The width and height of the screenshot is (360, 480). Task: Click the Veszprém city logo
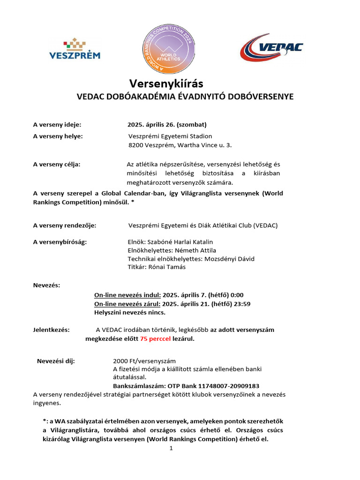75,49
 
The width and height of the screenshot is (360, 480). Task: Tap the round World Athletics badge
167,48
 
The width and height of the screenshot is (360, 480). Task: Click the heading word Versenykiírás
166,83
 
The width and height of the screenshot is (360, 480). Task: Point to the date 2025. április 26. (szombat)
167,125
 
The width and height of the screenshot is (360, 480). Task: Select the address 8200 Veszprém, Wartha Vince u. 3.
180,146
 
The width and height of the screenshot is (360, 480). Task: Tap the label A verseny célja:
57,164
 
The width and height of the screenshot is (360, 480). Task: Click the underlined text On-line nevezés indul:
127,295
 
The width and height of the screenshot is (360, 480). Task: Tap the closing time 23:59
242,304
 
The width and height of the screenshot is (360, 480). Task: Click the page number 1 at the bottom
171,449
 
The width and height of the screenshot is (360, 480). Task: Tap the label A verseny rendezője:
65,225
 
